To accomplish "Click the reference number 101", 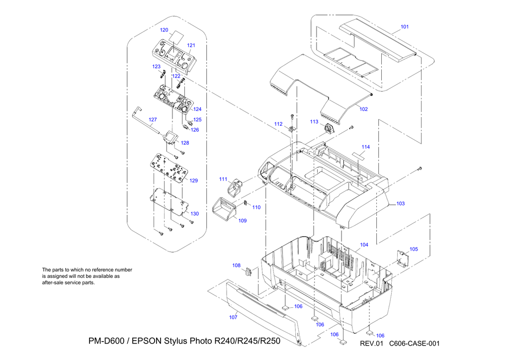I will (x=405, y=27).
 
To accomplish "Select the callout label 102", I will (x=364, y=109).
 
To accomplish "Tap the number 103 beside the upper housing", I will (x=400, y=203).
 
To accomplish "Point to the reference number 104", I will (x=364, y=245).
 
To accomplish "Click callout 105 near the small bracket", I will (x=414, y=249).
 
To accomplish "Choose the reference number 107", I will (x=233, y=317).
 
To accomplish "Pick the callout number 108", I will (x=236, y=266).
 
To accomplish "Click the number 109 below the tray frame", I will (x=242, y=221).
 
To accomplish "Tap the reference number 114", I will (x=366, y=147).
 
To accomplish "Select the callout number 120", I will (x=164, y=30).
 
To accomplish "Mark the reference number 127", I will (x=153, y=119).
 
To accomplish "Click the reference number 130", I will (x=194, y=213).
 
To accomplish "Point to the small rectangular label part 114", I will (x=359, y=155).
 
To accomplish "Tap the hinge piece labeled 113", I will (x=330, y=129).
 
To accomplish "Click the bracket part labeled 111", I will (x=234, y=187).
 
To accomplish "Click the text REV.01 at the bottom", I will (x=373, y=343).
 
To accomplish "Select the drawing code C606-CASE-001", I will (x=415, y=343).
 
